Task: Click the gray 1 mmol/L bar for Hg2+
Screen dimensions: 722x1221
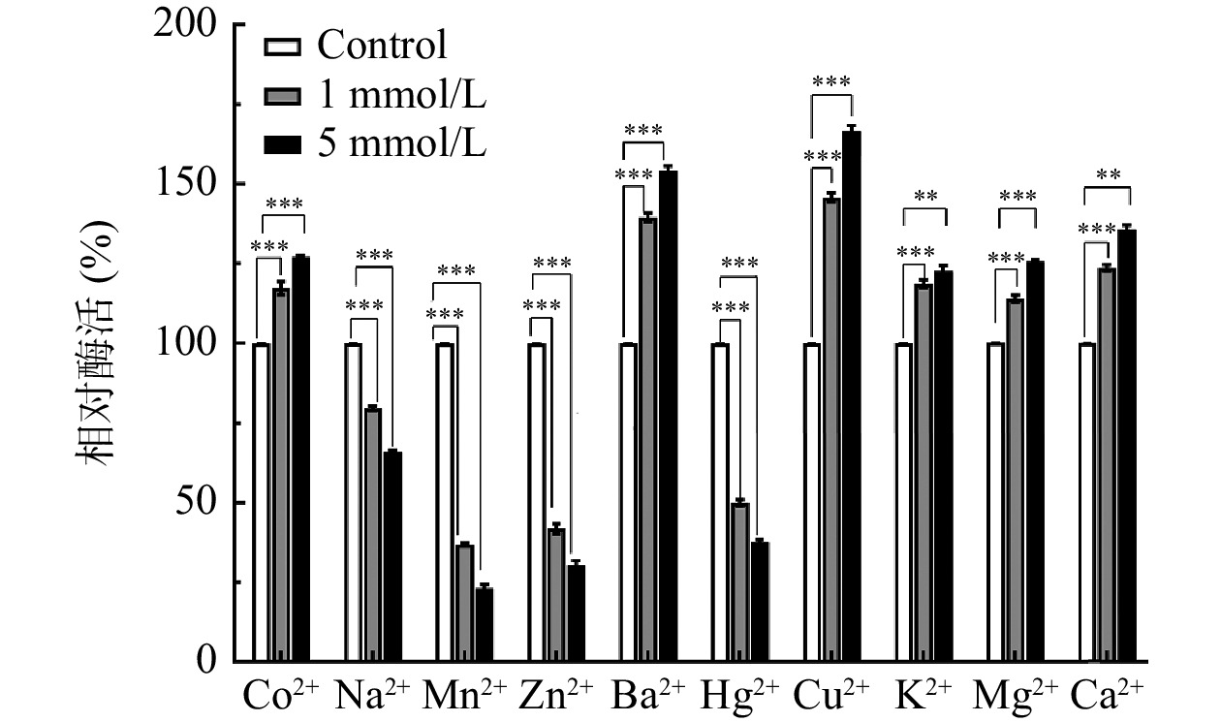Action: tap(739, 581)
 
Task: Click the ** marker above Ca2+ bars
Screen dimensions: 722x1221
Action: tap(1109, 175)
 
